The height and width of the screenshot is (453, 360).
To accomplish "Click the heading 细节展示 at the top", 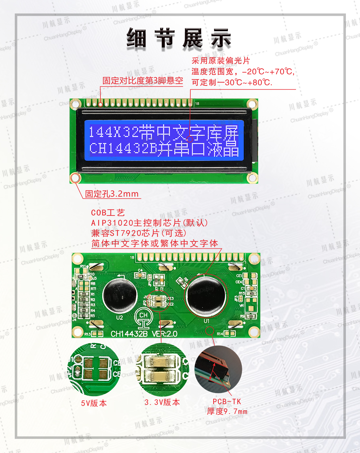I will pos(179,38).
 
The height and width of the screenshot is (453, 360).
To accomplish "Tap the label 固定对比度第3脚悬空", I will pos(143,80).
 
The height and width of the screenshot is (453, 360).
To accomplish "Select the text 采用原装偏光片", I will pos(221,61).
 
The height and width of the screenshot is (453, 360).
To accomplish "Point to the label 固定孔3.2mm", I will pos(112,194).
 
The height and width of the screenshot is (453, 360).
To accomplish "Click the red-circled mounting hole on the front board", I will pos(75,178).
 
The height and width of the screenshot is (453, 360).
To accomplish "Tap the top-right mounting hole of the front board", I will pos(252,104).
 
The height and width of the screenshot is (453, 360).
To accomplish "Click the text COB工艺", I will pos(108,213).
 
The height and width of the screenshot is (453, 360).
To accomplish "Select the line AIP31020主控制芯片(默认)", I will pos(149,223).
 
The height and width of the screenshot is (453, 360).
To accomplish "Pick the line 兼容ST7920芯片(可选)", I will pos(139,233).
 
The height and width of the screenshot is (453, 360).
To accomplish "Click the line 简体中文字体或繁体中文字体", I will pos(155,243).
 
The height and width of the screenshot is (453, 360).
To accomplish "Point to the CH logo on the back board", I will pos(143,318).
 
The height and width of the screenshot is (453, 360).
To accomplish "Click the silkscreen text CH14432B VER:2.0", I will pos(144,334).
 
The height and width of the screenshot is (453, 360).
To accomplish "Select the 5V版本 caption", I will pos(94,403).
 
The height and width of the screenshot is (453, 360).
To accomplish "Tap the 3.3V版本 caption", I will pos(162,402).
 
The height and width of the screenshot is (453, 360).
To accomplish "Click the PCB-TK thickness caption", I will pos(227,406).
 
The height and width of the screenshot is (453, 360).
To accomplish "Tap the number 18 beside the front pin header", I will pos(197,103).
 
